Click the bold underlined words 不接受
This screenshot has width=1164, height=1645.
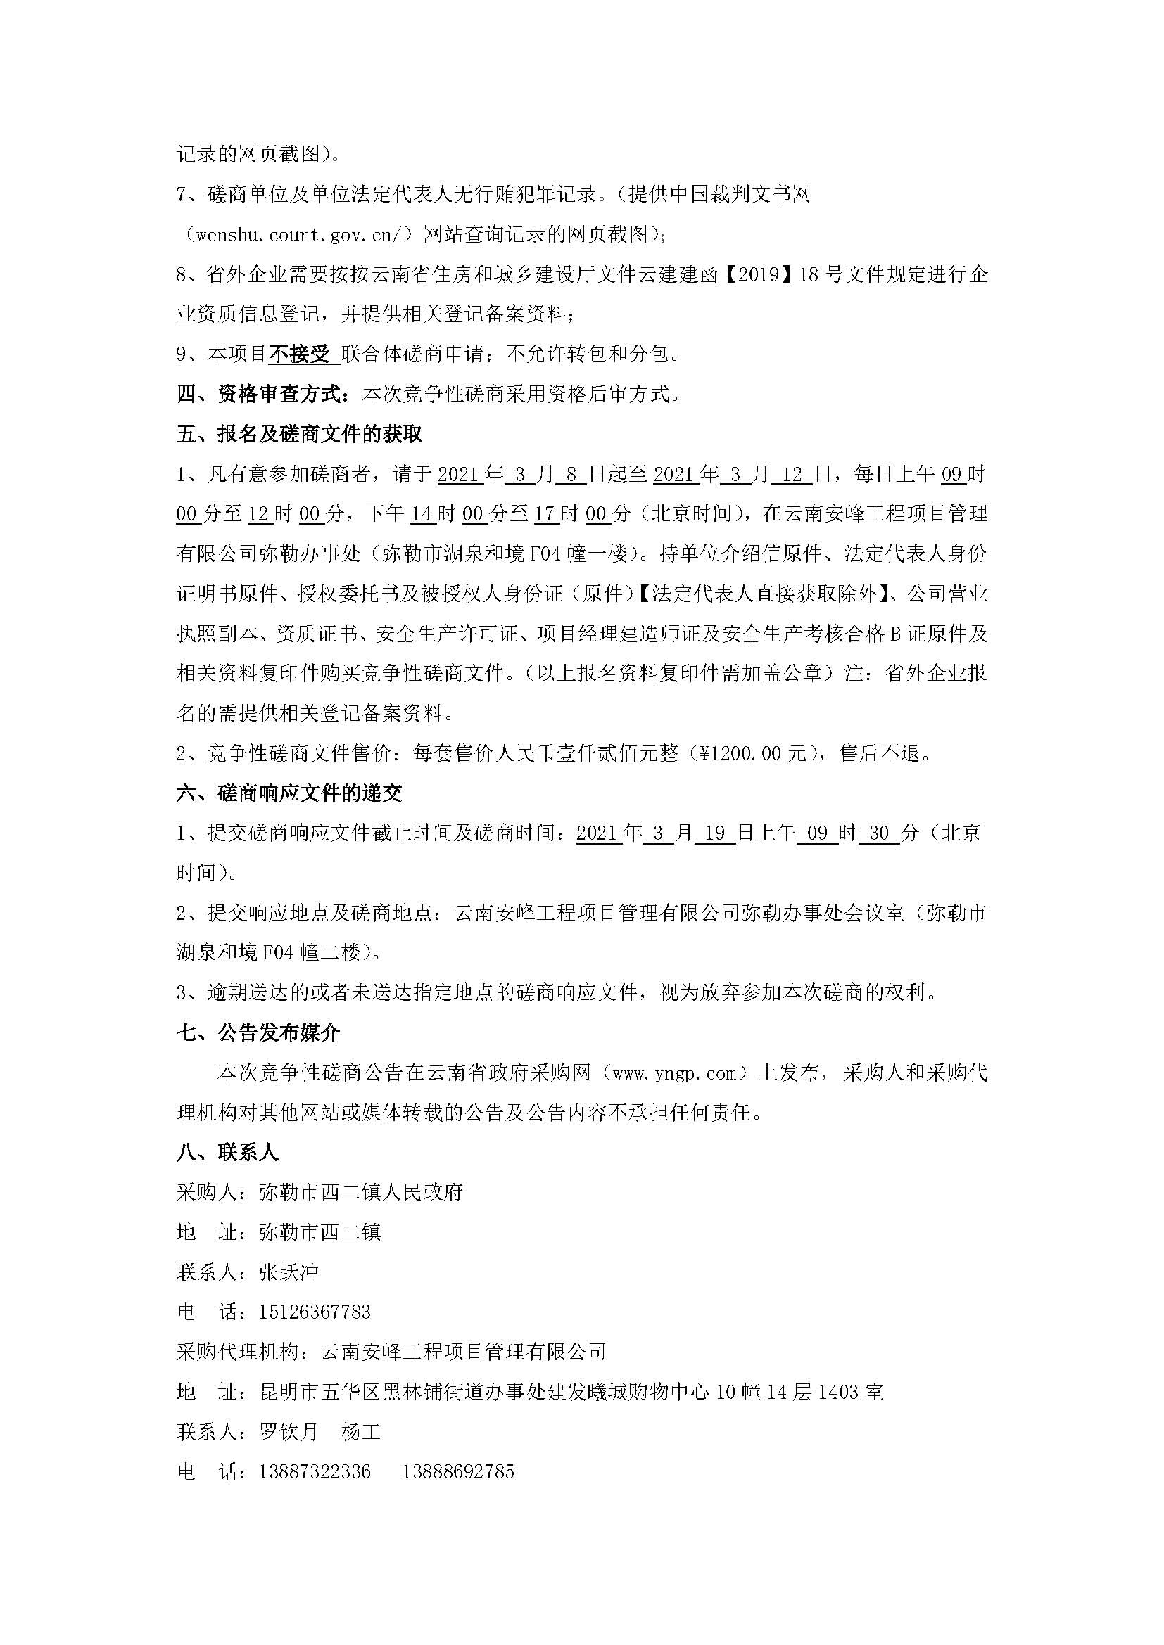pyautogui.click(x=301, y=354)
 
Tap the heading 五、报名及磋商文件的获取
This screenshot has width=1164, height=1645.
pyautogui.click(x=300, y=434)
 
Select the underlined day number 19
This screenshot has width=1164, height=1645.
pyautogui.click(x=714, y=833)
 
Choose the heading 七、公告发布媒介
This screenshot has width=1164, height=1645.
pyautogui.click(x=259, y=1033)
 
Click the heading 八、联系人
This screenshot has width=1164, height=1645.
pyautogui.click(x=227, y=1153)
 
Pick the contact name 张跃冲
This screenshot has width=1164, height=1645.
pyautogui.click(x=289, y=1272)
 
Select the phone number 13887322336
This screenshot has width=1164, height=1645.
pyautogui.click(x=315, y=1472)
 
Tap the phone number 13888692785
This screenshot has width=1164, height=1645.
pyautogui.click(x=459, y=1472)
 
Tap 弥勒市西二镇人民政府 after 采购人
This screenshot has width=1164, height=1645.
pyautogui.click(x=360, y=1193)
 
